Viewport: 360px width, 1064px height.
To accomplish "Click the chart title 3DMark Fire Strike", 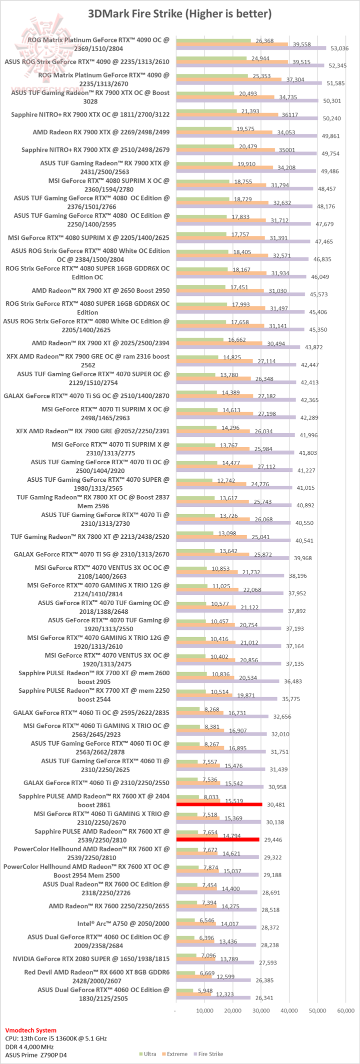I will [x=179, y=14].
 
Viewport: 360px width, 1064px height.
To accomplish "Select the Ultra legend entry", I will [x=149, y=1054].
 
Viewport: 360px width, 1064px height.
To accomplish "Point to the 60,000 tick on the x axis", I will [x=346, y=1011].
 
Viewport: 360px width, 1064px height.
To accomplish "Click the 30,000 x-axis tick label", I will [x=260, y=1011].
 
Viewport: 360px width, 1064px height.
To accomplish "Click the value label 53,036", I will [x=340, y=48].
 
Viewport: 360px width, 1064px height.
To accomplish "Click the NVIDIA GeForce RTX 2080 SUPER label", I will [x=90, y=959].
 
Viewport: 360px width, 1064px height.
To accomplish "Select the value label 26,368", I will [x=264, y=41].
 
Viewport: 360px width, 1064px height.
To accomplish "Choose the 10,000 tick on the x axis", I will [x=203, y=1011].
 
